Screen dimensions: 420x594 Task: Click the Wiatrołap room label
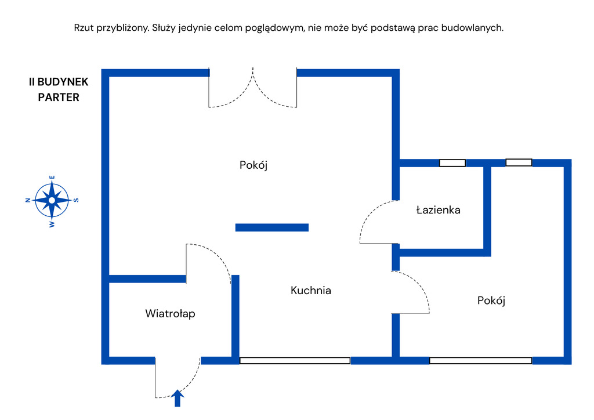click(x=170, y=314)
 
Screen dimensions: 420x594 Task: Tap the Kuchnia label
click(x=311, y=290)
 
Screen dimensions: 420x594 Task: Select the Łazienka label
click(x=438, y=210)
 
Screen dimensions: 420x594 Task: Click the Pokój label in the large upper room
click(x=253, y=165)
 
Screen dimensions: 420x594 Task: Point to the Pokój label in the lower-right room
click(x=491, y=300)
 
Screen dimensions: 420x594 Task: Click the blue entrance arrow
click(x=178, y=398)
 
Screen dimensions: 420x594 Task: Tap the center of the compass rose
click(x=52, y=200)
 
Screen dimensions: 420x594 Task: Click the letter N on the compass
click(x=27, y=200)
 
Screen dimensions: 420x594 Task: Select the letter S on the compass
click(x=76, y=200)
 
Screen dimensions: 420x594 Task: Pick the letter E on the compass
click(x=52, y=178)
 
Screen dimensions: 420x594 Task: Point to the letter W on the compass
click(x=52, y=224)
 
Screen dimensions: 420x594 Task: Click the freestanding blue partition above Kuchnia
click(x=271, y=227)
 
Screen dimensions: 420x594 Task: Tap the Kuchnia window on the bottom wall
click(x=295, y=360)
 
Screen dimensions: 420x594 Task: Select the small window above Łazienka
click(x=452, y=163)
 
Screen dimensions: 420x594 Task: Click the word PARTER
click(x=59, y=97)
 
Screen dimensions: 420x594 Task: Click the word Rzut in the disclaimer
click(x=84, y=27)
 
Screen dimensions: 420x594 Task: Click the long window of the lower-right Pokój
click(x=480, y=360)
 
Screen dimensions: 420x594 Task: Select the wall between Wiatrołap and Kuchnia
click(x=236, y=316)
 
